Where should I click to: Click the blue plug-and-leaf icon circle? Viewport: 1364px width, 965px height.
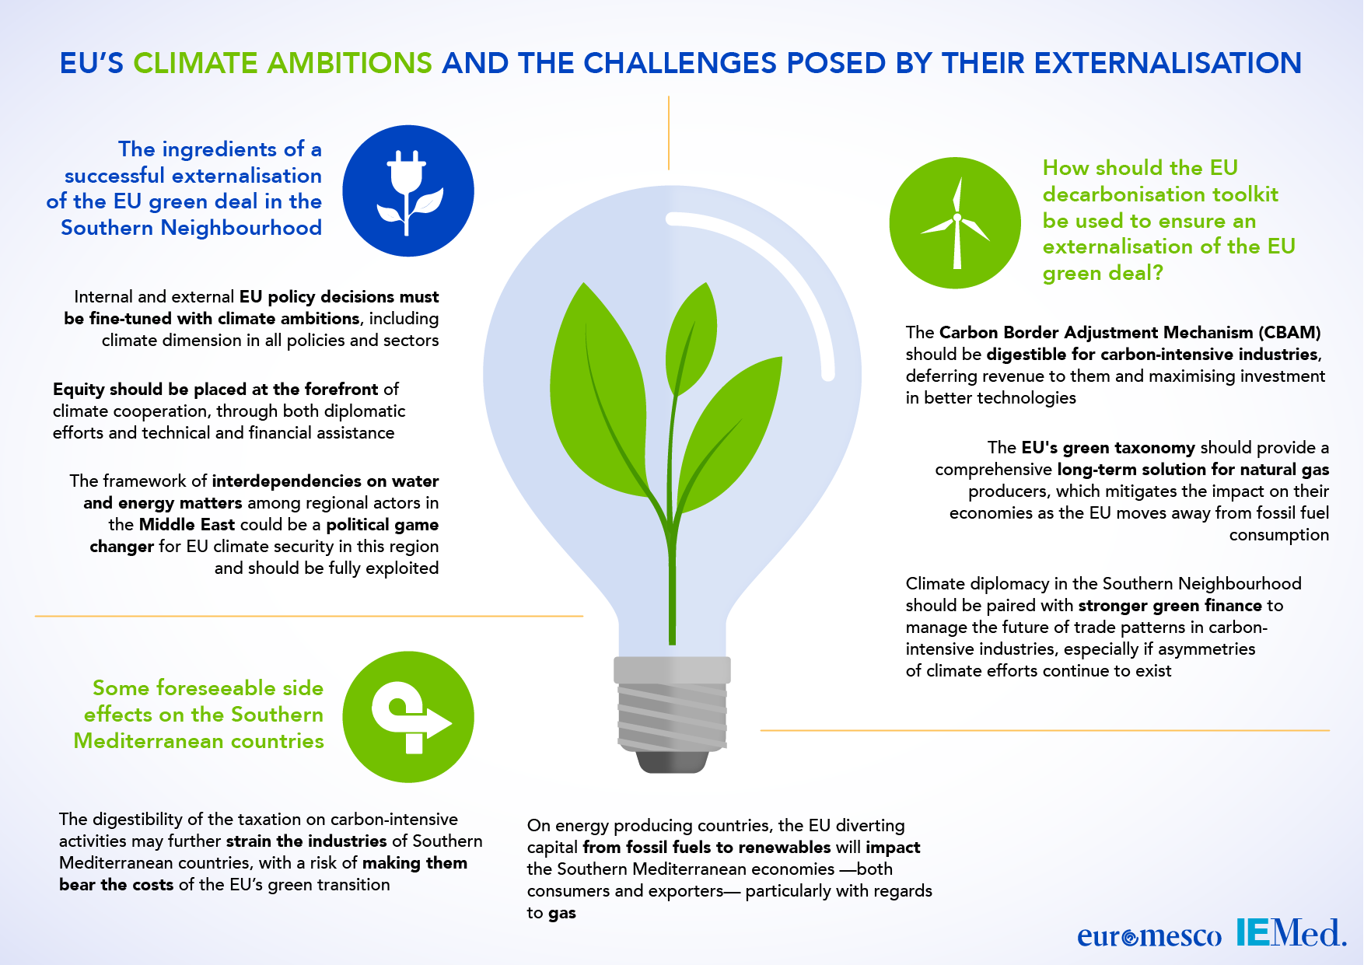tap(408, 191)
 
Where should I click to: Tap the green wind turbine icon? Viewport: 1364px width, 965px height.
tap(955, 222)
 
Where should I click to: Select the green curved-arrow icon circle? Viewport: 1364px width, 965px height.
tap(408, 717)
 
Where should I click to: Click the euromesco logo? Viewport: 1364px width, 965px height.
tap(1149, 935)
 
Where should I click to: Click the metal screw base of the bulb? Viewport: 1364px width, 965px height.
tap(672, 714)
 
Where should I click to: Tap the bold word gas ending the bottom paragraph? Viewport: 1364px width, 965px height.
tap(562, 914)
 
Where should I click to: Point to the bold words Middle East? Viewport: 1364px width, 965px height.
tap(187, 525)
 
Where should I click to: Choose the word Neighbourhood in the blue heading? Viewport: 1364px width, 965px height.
tap(241, 228)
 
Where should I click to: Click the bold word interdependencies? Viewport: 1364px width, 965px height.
tap(287, 481)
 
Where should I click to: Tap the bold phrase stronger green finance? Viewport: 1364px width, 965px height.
tap(1170, 606)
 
